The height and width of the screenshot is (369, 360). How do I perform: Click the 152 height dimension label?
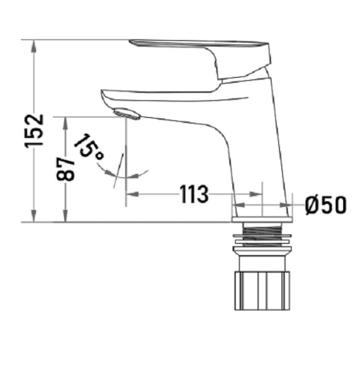tap(34, 131)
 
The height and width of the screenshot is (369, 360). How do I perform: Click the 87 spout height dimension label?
tap(66, 168)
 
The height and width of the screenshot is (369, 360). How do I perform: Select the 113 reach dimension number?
tap(194, 194)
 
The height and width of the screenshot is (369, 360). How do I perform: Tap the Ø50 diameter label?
tap(326, 205)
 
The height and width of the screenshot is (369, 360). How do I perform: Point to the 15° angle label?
tap(88, 146)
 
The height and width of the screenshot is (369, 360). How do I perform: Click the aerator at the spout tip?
tap(127, 114)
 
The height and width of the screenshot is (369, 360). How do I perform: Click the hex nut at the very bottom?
tap(262, 290)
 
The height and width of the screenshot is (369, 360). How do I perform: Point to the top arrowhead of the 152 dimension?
tap(34, 46)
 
